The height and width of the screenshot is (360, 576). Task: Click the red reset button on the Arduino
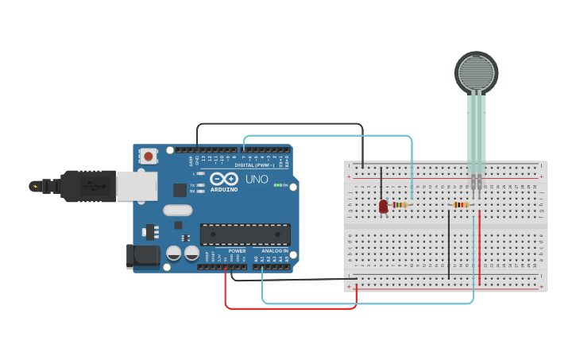(x=149, y=157)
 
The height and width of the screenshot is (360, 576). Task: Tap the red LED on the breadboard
(x=383, y=207)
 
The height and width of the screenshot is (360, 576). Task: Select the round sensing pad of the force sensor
(x=477, y=72)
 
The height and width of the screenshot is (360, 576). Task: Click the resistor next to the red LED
(x=400, y=204)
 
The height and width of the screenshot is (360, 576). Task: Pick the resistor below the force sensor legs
(x=461, y=204)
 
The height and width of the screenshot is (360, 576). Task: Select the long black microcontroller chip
(x=245, y=234)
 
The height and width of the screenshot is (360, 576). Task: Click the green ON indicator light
(x=276, y=185)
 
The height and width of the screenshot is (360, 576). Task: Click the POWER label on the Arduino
(x=237, y=250)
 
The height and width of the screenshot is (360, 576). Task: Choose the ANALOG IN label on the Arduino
(x=274, y=250)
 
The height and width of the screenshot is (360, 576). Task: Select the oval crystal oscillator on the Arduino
(x=178, y=211)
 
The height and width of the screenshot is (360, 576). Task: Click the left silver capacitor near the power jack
(x=173, y=254)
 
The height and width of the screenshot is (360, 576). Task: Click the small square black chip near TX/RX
(x=180, y=190)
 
